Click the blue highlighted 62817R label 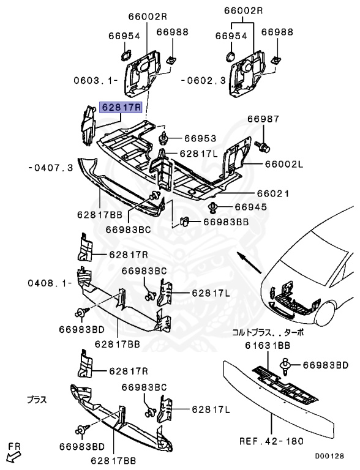pyautogui.click(x=121, y=108)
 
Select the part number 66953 pyautogui.click(x=201, y=139)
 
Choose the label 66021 pyautogui.click(x=270, y=193)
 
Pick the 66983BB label pyautogui.click(x=226, y=223)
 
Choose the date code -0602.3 pyautogui.click(x=204, y=80)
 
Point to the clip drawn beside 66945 pyautogui.click(x=216, y=207)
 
